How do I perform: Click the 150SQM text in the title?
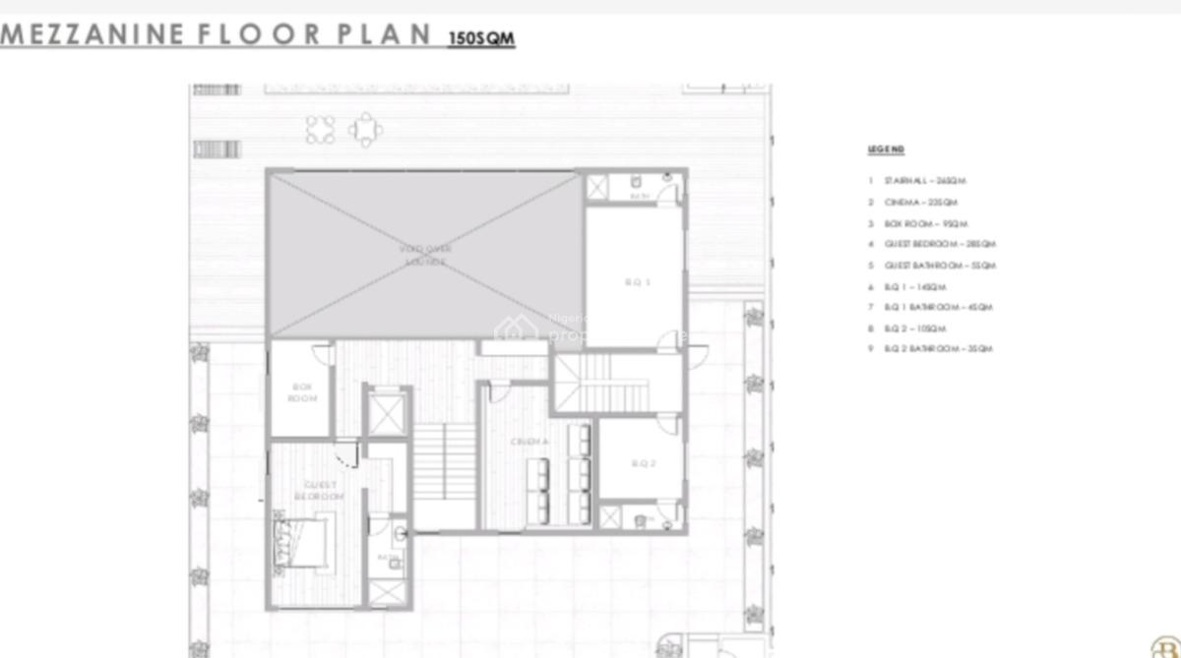pyautogui.click(x=481, y=39)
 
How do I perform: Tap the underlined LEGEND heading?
pyautogui.click(x=886, y=150)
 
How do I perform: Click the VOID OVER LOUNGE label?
pyautogui.click(x=423, y=256)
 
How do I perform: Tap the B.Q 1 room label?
pyautogui.click(x=638, y=282)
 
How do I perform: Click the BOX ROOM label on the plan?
pyautogui.click(x=301, y=392)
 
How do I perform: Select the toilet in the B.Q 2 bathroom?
pyautogui.click(x=641, y=518)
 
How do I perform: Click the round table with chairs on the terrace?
pyautogui.click(x=365, y=129)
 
